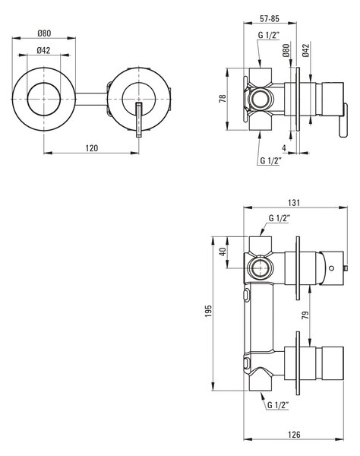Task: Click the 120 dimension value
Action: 92,148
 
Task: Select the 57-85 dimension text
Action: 270,18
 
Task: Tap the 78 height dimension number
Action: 223,98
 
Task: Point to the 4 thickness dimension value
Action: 284,147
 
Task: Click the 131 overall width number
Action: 294,202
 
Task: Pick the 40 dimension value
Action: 223,252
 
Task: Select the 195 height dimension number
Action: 209,311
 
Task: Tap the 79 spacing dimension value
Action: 305,315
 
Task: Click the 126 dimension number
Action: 294,435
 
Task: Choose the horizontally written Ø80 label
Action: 44,33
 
